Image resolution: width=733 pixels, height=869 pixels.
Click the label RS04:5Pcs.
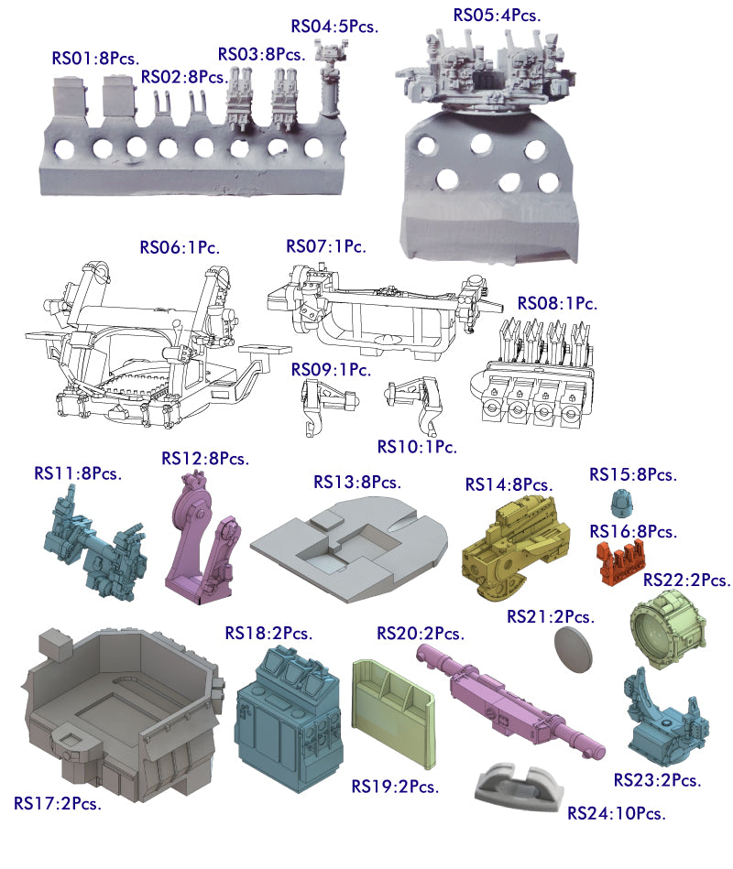pyautogui.click(x=334, y=26)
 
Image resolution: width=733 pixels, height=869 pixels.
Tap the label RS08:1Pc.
pyautogui.click(x=557, y=303)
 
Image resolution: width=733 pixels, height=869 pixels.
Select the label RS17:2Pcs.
pyautogui.click(x=58, y=803)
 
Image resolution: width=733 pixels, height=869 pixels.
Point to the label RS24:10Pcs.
pyautogui.click(x=616, y=813)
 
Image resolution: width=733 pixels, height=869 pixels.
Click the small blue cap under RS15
pyautogui.click(x=622, y=503)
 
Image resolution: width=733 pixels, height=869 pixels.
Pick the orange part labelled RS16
pyautogui.click(x=620, y=561)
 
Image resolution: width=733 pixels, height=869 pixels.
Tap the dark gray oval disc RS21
pyautogui.click(x=573, y=649)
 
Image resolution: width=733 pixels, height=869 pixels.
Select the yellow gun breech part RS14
pyautogui.click(x=516, y=548)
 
